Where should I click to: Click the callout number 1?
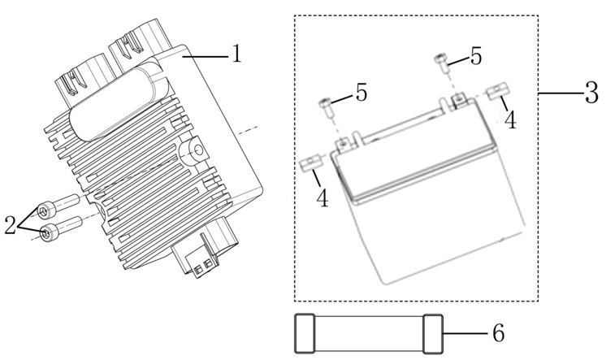click(x=236, y=54)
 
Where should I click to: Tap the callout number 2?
click(x=10, y=225)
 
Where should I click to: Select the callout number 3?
click(x=591, y=93)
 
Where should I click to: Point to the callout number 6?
click(x=498, y=333)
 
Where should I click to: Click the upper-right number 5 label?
click(x=476, y=56)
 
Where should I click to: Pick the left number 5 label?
click(x=362, y=93)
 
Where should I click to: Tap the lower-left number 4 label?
click(x=322, y=197)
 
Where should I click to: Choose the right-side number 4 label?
click(x=510, y=120)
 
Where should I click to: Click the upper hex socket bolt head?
click(x=46, y=212)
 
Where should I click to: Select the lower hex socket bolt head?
click(x=48, y=232)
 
